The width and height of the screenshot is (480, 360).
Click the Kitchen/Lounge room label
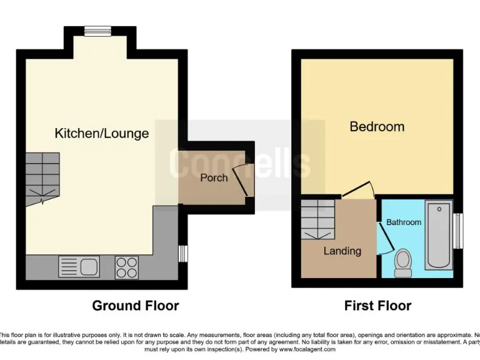(x=102, y=133)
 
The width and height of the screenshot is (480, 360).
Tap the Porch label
(x=213, y=178)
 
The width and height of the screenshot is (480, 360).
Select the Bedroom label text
(x=377, y=127)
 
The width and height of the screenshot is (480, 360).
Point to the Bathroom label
(x=404, y=222)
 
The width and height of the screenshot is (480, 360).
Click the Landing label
(x=342, y=251)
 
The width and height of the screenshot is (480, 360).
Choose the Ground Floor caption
(x=136, y=306)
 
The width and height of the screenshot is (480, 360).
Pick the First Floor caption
(x=377, y=306)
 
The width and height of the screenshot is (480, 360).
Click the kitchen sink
(x=79, y=267)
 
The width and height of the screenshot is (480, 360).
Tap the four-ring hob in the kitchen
(x=127, y=267)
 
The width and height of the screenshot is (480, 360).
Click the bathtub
(x=439, y=235)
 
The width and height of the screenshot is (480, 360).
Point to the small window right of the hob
(x=182, y=254)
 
